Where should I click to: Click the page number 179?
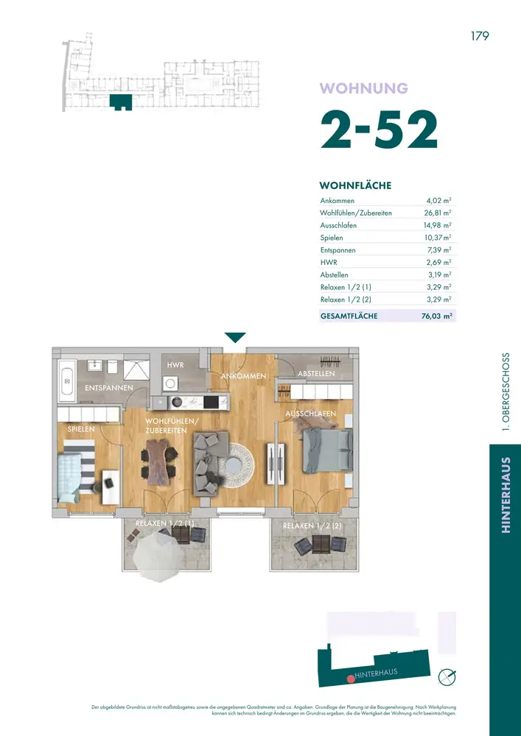[480, 36]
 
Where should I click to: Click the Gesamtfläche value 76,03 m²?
[437, 316]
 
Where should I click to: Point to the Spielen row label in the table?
[331, 238]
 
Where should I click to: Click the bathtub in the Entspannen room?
[66, 381]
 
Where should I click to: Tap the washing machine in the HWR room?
[170, 383]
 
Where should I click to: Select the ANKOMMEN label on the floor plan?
[243, 376]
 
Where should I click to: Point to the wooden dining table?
[157, 462]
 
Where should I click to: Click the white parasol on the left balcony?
[157, 556]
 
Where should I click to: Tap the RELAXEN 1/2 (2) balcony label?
[312, 526]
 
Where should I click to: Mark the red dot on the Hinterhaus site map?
[350, 679]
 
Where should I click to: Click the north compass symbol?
[447, 676]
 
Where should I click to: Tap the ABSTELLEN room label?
[316, 374]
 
